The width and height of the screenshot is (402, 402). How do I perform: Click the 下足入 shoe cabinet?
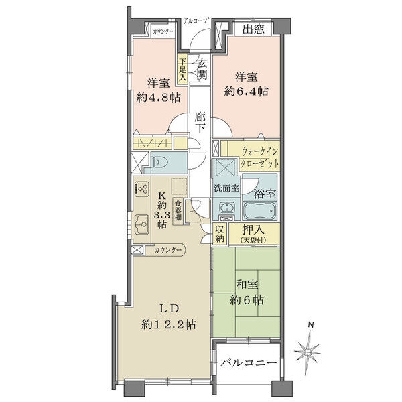[182, 69]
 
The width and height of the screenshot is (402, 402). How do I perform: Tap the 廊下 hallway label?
[200, 122]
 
